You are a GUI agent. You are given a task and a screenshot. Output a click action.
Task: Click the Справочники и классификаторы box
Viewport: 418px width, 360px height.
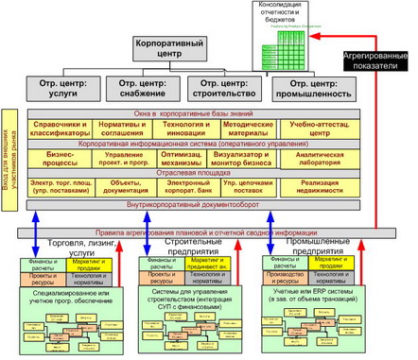[61, 129]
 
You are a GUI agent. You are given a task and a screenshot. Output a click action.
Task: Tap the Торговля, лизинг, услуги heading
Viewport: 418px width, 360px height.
[71, 249]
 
